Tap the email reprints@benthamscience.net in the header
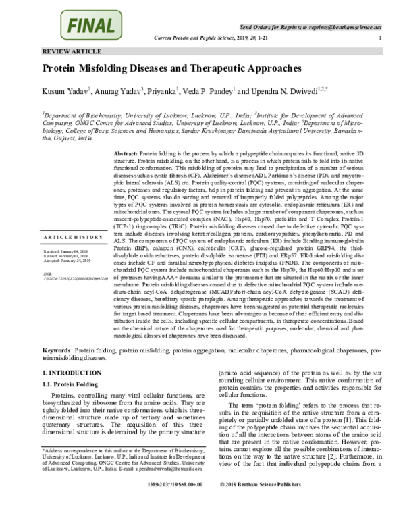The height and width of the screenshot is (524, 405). [343, 27]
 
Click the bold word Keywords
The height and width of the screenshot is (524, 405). [57, 351]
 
